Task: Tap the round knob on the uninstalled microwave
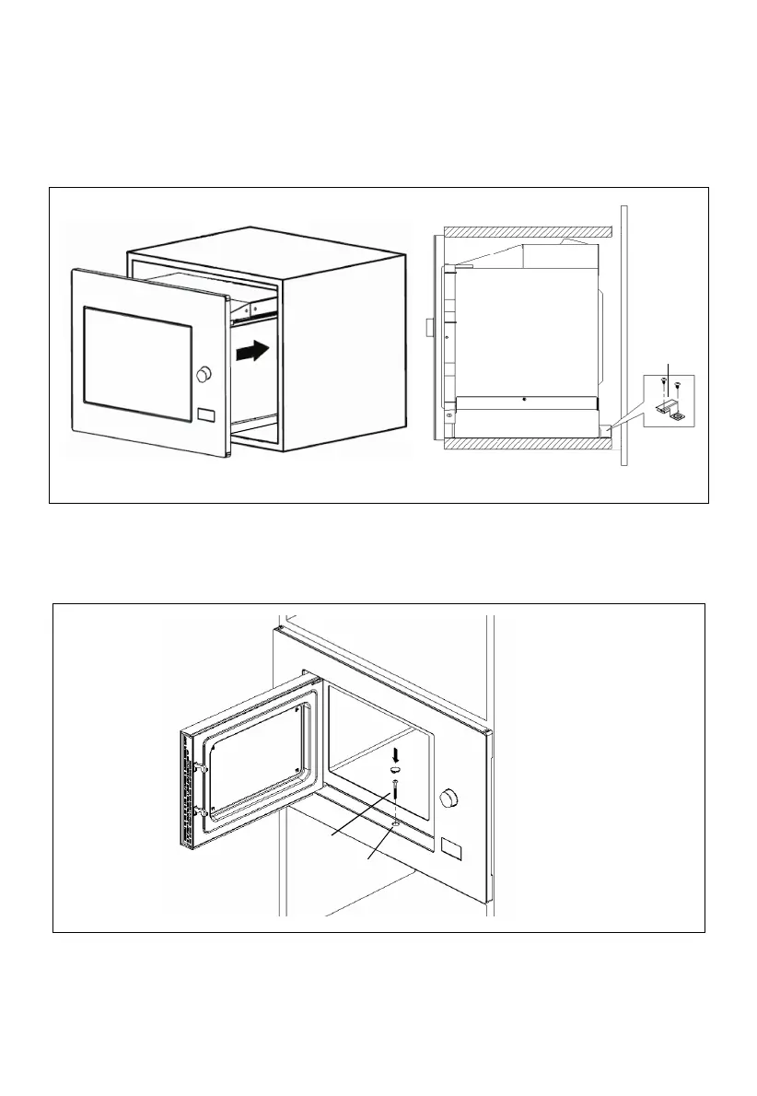204,374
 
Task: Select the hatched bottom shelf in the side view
524,443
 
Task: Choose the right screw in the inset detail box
678,386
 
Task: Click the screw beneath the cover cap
395,789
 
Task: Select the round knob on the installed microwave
449,798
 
